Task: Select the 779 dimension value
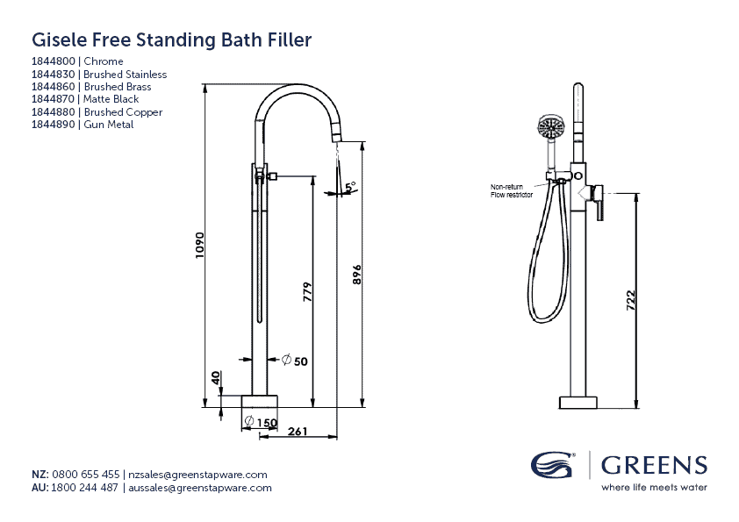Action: point(307,292)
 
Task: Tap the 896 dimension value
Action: point(357,273)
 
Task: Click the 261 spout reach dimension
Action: point(297,430)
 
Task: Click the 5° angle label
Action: point(350,188)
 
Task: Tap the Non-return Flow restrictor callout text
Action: point(510,191)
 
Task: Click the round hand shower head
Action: point(549,129)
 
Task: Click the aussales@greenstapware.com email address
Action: point(199,487)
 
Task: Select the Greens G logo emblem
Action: point(553,465)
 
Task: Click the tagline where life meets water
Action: point(654,487)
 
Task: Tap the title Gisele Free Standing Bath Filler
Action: point(171,39)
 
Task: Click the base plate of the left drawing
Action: point(260,402)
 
